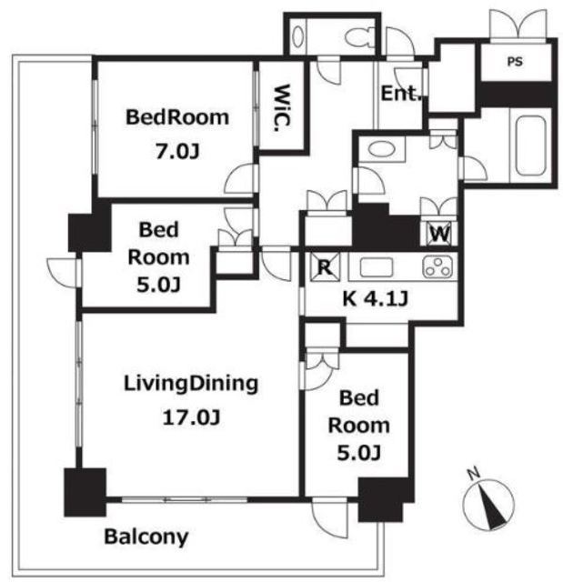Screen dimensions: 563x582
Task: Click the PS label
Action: pos(515,62)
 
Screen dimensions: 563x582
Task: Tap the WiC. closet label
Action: pos(282,108)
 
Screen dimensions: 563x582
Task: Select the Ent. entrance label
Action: pos(402,94)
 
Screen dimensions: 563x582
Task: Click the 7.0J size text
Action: pos(177,152)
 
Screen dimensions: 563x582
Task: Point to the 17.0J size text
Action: pos(192,417)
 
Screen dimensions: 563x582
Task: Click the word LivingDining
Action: pos(191,385)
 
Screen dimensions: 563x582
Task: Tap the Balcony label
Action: pos(146,537)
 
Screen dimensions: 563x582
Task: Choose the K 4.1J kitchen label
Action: pos(376,298)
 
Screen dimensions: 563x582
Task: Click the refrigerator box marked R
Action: pos(325,266)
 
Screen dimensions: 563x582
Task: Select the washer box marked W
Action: pos(441,234)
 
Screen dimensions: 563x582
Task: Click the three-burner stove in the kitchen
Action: pos(437,266)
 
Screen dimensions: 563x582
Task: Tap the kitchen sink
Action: pos(376,267)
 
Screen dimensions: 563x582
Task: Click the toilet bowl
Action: pos(360,37)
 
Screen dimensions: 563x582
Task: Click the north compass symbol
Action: pos(488,500)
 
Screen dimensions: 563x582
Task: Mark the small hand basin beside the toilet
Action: pos(298,36)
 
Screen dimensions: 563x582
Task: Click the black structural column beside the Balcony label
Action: pos(85,492)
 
